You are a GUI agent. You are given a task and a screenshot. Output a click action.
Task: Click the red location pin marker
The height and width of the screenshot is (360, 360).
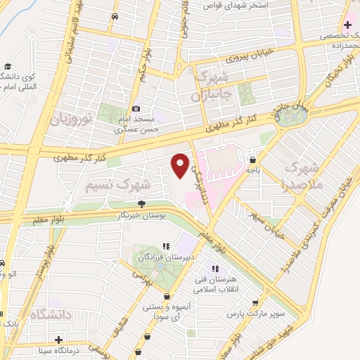[x=180, y=165]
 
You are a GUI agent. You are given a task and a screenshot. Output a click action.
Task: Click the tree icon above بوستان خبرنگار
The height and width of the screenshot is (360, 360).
[x=142, y=204]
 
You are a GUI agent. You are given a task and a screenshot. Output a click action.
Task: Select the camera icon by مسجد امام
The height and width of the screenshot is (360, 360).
[x=136, y=109]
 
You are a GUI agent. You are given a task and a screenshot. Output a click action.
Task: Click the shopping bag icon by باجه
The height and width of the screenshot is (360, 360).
[x=252, y=160]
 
